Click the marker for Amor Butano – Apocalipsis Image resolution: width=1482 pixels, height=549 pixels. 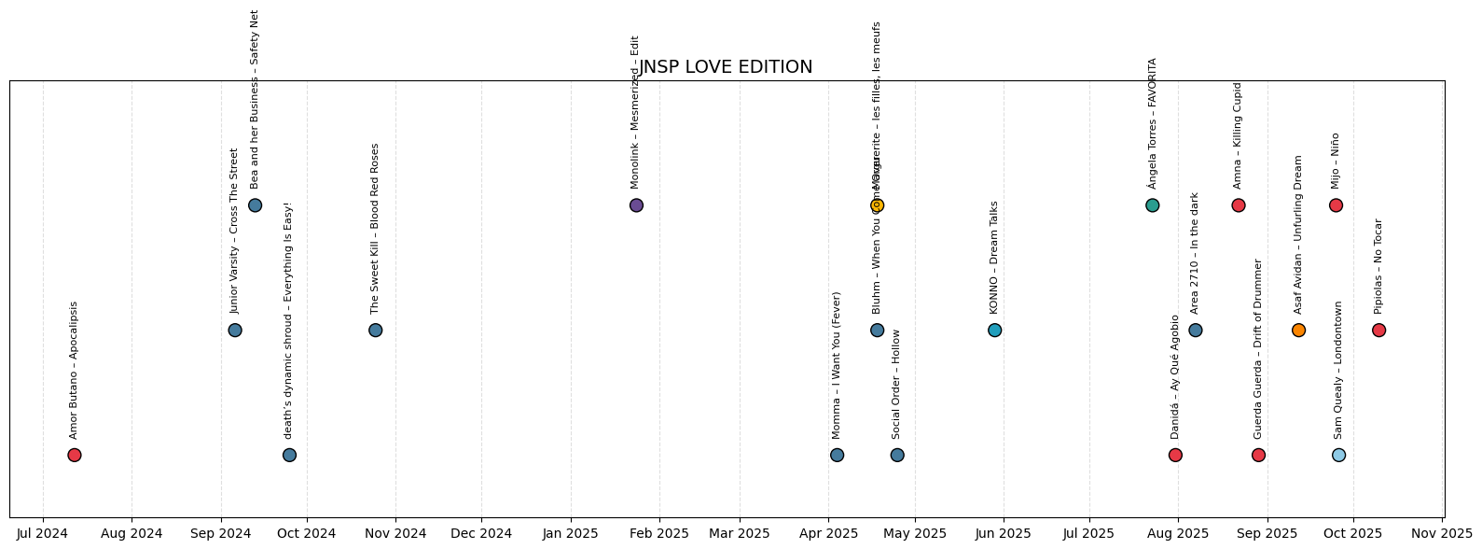[x=75, y=456]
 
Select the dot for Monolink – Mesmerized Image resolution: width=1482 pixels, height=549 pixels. [x=636, y=205]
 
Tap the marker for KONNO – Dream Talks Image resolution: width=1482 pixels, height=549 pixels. [x=994, y=331]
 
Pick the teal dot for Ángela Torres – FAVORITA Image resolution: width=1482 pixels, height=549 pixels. [x=1152, y=205]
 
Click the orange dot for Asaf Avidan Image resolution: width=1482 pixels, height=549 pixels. [x=1298, y=331]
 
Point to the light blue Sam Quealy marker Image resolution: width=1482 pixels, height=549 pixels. [x=1338, y=456]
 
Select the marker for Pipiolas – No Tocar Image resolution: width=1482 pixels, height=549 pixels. [x=1378, y=331]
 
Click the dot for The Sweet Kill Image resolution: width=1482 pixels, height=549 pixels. [x=375, y=331]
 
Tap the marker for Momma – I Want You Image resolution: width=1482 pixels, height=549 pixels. [x=837, y=456]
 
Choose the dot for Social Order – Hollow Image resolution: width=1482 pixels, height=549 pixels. [x=896, y=456]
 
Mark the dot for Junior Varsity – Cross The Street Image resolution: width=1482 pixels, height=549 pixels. [x=235, y=331]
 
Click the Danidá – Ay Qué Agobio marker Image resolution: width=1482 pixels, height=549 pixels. [x=1175, y=456]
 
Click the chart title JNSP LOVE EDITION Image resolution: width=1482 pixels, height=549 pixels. [x=726, y=67]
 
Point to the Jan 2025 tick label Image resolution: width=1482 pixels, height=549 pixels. [x=571, y=534]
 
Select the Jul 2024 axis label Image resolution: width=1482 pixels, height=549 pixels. [x=43, y=534]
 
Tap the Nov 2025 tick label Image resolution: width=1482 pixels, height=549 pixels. [x=1442, y=534]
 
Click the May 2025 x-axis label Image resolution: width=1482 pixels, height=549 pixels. [x=915, y=534]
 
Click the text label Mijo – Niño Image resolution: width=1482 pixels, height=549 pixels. [x=1336, y=161]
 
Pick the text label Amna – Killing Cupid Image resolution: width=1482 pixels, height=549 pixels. [x=1239, y=135]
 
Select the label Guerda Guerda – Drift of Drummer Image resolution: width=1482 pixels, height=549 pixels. [x=1258, y=349]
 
